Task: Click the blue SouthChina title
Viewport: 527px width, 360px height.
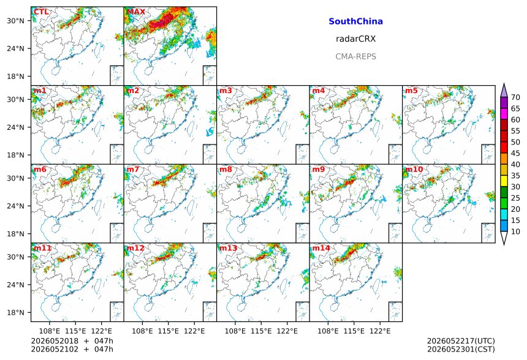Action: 355,21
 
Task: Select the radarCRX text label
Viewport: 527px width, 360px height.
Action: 355,39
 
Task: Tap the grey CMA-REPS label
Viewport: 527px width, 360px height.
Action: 355,56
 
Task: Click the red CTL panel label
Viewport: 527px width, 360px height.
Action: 41,12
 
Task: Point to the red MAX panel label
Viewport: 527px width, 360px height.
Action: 136,12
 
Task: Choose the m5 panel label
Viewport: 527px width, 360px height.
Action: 411,91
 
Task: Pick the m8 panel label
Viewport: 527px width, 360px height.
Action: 226,169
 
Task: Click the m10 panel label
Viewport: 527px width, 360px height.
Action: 414,169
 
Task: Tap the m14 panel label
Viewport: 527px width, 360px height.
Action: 321,248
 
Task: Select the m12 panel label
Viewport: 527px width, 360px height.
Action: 135,248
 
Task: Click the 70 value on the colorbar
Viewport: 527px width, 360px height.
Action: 515,97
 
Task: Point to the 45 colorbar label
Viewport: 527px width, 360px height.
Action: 515,154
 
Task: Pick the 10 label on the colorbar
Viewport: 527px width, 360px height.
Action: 515,231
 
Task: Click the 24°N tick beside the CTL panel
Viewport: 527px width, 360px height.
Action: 16,48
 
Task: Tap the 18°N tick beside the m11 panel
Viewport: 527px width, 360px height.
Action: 16,312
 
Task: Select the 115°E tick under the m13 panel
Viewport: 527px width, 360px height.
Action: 261,331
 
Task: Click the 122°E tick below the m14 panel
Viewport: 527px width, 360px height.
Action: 380,331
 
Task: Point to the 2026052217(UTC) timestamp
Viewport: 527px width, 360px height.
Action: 461,341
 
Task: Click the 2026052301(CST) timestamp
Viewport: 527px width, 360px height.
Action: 461,349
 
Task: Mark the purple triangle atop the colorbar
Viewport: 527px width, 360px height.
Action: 504,91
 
